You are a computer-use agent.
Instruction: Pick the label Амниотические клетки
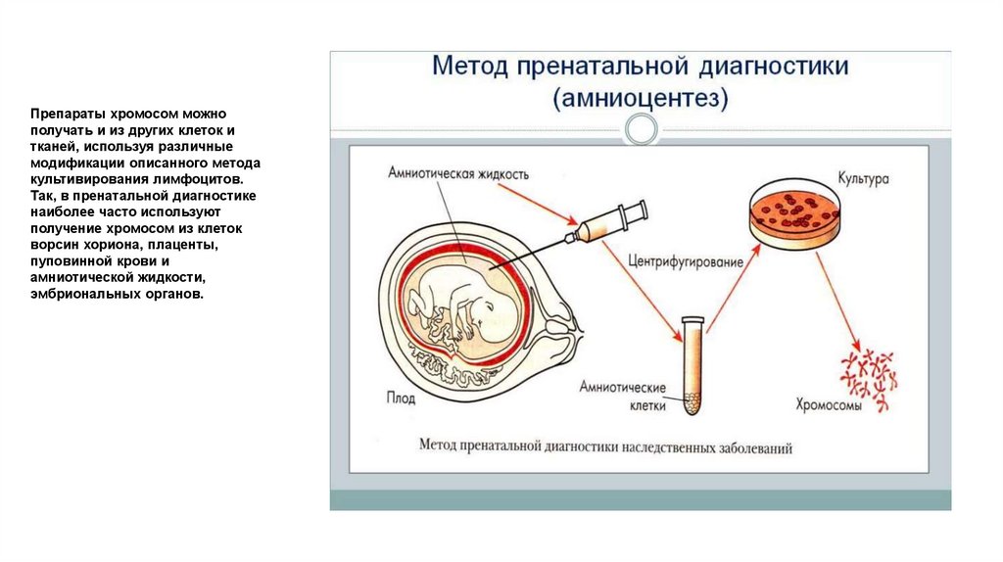[623, 394]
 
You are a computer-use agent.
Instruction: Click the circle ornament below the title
[642, 128]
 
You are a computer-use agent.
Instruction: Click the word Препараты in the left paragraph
[61, 115]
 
